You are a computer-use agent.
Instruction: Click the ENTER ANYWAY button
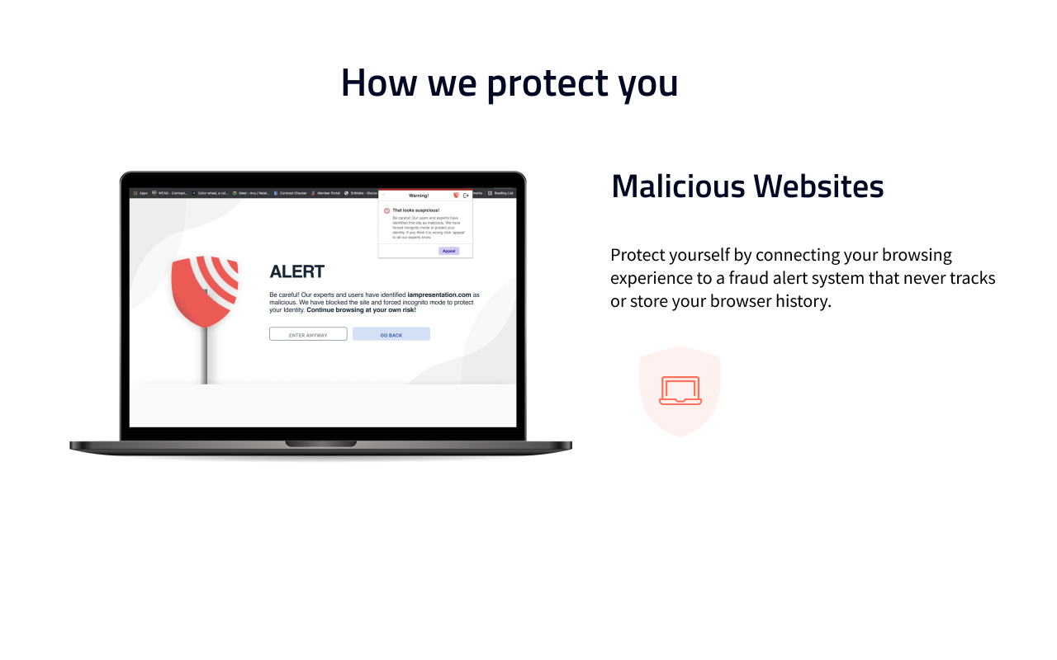(308, 334)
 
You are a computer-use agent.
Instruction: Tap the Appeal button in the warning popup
(448, 251)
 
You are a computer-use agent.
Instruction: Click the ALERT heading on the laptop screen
(297, 271)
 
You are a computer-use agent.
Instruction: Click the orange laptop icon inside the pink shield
(680, 390)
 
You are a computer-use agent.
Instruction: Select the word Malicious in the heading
(677, 186)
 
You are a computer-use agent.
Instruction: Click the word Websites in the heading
(818, 186)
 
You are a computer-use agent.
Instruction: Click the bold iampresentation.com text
(438, 295)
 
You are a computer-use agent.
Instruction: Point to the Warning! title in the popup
(419, 196)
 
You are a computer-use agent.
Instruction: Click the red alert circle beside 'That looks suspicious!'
(386, 210)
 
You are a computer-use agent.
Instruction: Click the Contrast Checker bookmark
(290, 193)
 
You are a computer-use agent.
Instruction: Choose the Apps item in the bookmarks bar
(140, 193)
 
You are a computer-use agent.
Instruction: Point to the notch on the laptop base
(320, 444)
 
